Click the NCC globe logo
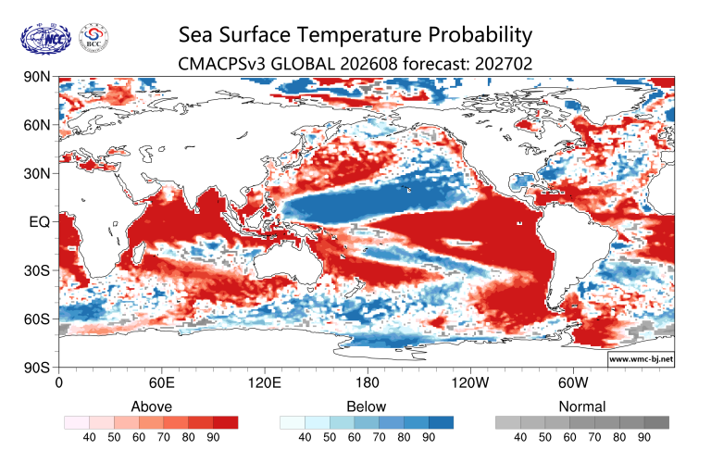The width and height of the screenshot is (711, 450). tap(45, 39)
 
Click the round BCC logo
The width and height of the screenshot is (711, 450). tap(94, 37)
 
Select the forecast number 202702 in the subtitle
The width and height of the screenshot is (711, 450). tap(504, 64)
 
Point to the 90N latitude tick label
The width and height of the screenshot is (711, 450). tap(37, 77)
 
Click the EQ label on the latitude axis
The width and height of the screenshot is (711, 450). tap(40, 222)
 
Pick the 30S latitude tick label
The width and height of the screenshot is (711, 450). tap(37, 270)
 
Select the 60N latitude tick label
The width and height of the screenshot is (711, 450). tap(37, 125)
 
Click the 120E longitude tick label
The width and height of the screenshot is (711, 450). tap(265, 382)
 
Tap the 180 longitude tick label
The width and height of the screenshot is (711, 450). tap(367, 382)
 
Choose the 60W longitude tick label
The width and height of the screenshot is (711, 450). tap(573, 382)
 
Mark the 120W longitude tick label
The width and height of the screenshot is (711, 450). tap(470, 382)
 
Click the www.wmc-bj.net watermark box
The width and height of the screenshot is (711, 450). tap(641, 359)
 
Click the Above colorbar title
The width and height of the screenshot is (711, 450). tap(152, 406)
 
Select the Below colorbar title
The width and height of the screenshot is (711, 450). tap(367, 406)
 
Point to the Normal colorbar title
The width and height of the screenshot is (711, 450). tap(582, 406)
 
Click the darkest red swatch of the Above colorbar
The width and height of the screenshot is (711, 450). tap(225, 423)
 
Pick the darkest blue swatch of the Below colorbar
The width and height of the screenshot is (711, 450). tap(441, 423)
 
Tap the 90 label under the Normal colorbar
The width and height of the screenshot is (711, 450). tap(644, 437)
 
